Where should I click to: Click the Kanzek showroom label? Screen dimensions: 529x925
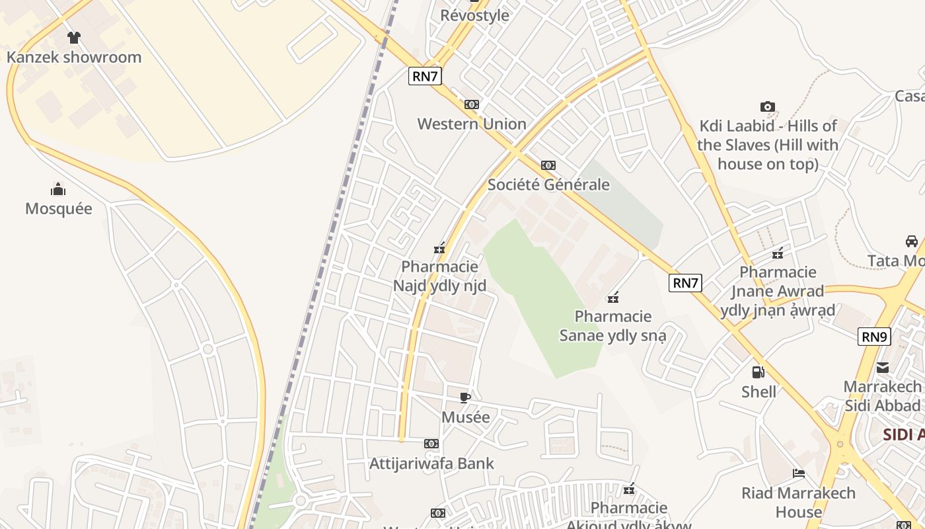[x=74, y=57]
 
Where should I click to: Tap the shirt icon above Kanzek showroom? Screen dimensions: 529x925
[x=74, y=38]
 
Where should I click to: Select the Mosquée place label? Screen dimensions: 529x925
[x=59, y=208]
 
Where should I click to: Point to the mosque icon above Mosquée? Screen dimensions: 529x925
[x=59, y=190]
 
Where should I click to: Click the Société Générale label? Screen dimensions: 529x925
[x=548, y=184]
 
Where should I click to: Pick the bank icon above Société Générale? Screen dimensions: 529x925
[x=548, y=165]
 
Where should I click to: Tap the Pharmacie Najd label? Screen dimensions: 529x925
[x=440, y=276]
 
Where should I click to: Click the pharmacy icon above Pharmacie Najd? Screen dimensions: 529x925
[x=439, y=248]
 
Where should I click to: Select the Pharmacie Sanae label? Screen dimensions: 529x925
[x=612, y=325]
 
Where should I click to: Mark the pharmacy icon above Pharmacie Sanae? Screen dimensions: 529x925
[x=613, y=298]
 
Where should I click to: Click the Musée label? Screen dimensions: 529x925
[x=466, y=417]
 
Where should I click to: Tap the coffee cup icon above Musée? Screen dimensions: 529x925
[x=465, y=397]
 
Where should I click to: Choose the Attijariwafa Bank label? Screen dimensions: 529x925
[x=431, y=463]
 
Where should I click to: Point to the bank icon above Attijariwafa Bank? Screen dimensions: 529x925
[x=431, y=444]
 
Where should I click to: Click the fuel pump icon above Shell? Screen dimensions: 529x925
[x=758, y=372]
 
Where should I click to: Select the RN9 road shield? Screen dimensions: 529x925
[x=874, y=337]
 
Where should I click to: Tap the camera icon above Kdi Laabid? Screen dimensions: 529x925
[x=767, y=106]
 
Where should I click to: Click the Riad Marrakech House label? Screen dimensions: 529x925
[x=798, y=502]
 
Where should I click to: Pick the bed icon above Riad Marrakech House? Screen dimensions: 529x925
[x=799, y=473]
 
